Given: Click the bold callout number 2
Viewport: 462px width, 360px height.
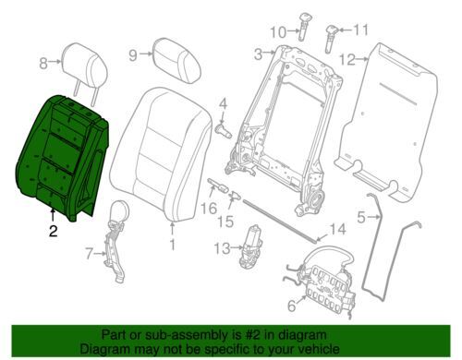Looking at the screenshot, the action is coord(54,231).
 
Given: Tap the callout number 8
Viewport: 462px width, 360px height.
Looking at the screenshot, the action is coord(43,64).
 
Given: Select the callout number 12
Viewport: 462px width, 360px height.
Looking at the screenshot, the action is coord(347,60).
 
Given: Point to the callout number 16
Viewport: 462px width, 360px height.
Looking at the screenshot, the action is coord(209,209).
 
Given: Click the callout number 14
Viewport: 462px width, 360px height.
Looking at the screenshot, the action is coord(337,229).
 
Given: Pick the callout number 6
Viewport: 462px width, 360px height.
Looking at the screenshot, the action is coord(292,306).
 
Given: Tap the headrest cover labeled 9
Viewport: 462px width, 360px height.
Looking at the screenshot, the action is coord(176,60).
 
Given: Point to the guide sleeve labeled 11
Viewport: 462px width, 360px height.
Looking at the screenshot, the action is coord(331,39).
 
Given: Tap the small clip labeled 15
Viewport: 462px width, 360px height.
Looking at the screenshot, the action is coord(235,196).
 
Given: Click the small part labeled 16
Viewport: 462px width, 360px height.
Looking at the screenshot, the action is coord(218,185).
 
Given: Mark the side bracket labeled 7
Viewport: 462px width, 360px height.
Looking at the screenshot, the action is coord(115,241).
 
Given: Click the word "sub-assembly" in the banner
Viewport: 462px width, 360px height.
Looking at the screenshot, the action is coord(164,335).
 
